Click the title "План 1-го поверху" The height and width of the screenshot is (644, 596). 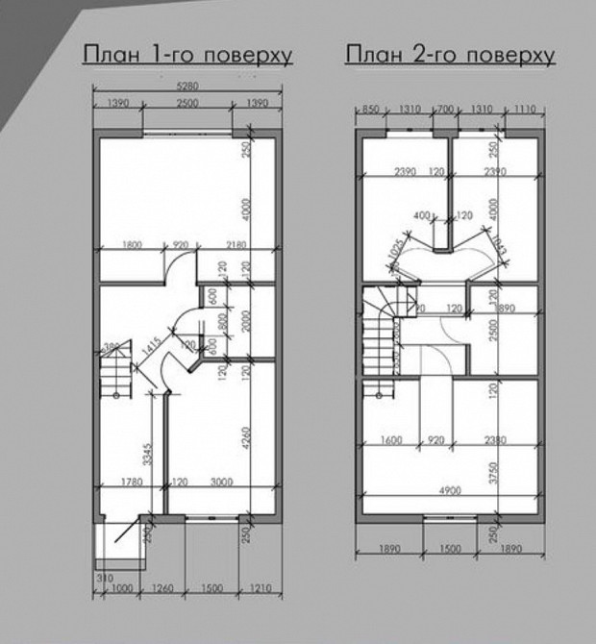tap(187, 54)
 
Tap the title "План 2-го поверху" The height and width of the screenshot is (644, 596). tap(450, 54)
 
